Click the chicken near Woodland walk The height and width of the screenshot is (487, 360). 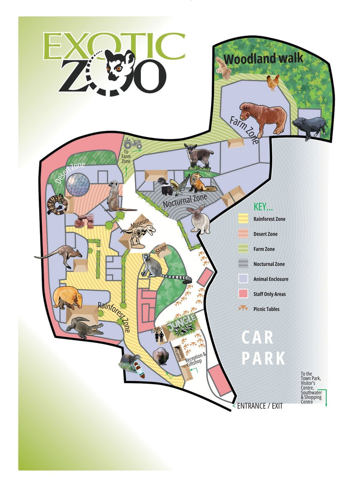tap(273, 82)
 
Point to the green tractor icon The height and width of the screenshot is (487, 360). tap(133, 144)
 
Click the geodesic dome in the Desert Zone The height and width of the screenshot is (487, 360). tap(78, 185)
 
